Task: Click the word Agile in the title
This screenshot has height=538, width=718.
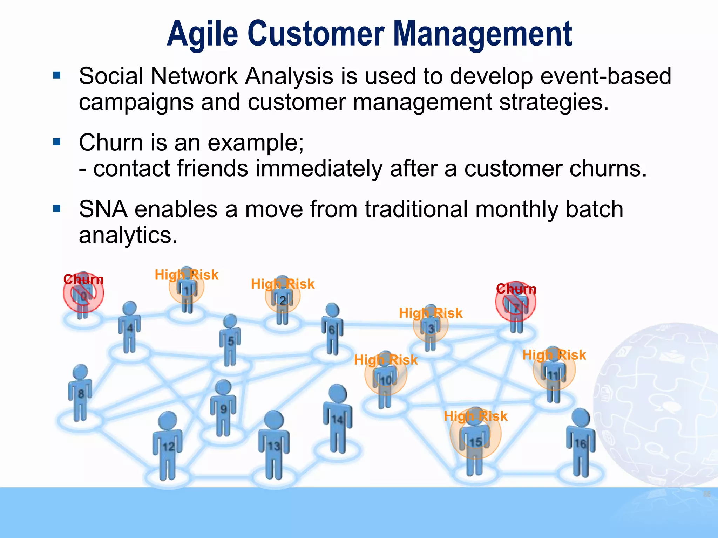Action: point(202,34)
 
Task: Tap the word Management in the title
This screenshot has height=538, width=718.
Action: point(483,34)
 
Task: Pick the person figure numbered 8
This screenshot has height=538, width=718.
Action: point(80,392)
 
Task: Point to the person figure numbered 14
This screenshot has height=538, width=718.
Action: point(337,419)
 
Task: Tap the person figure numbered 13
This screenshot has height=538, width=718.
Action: point(273,445)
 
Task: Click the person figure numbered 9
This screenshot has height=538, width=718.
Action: point(223,408)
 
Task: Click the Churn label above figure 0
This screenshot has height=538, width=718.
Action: point(83,280)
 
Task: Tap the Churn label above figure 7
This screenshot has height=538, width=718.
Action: point(516,289)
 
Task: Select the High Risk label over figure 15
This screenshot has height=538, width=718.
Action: point(475,416)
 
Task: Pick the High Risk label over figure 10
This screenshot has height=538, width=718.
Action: point(386,360)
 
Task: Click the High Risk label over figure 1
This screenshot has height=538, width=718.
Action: point(187,275)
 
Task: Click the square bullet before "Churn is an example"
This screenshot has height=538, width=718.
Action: point(57,142)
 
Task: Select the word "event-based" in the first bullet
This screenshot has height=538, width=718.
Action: point(606,76)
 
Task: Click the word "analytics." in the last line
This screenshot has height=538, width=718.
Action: point(128,235)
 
